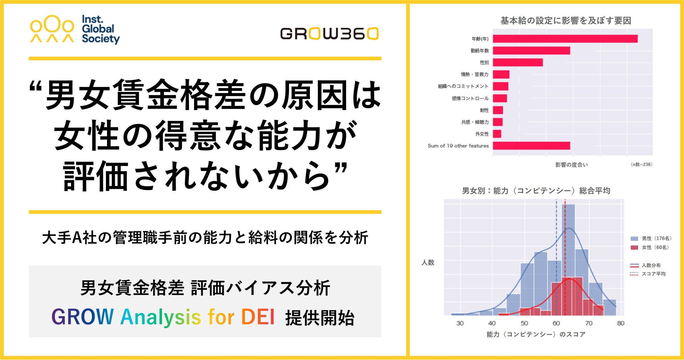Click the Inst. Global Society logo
pos(75,29)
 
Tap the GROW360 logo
pos(329,34)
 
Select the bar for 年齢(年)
pos(565,39)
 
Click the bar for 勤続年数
pos(531,50)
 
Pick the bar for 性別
pos(518,62)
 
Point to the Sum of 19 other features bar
pos(531,145)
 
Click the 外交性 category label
pos(482,134)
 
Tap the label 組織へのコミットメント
pos(463,86)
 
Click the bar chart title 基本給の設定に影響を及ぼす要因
pos(566,21)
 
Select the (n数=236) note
pos(642,164)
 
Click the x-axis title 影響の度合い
pos(571,165)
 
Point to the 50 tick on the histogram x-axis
pos(524,323)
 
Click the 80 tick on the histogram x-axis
pos(621,323)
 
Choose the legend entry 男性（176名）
pos(651,238)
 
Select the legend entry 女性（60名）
pos(650,247)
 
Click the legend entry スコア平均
pos(648,274)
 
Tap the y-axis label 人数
pos(428,262)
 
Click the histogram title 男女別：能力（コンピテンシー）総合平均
pos(536,191)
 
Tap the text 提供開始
pos(320,318)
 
